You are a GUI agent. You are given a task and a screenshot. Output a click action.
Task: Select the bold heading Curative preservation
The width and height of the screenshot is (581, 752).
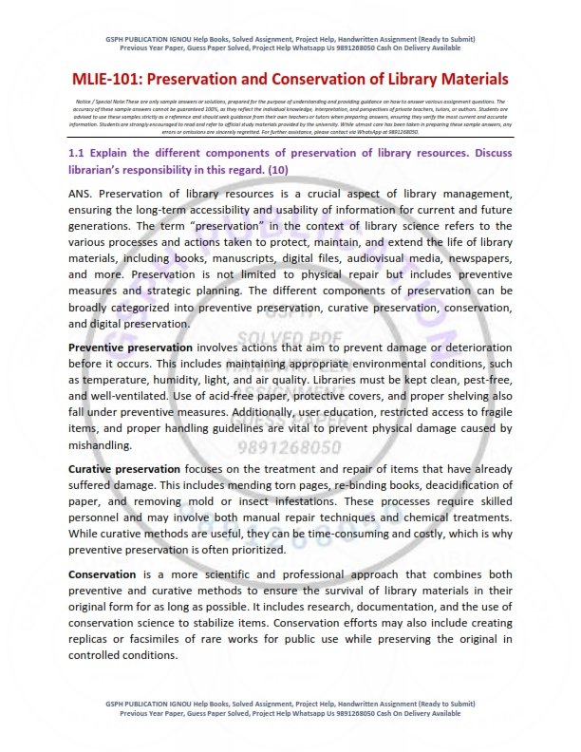123,469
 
